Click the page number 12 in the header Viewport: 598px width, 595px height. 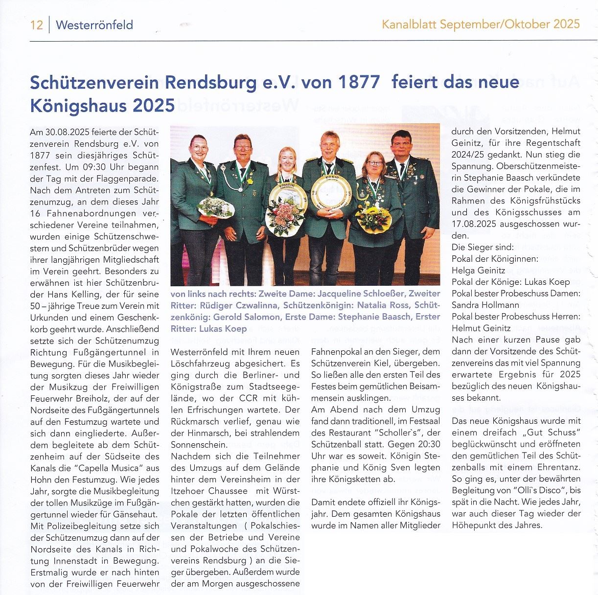(x=36, y=24)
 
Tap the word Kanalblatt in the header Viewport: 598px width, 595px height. (x=409, y=24)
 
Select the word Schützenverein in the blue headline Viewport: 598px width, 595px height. (x=94, y=82)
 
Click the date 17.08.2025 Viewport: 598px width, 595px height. (x=479, y=224)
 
